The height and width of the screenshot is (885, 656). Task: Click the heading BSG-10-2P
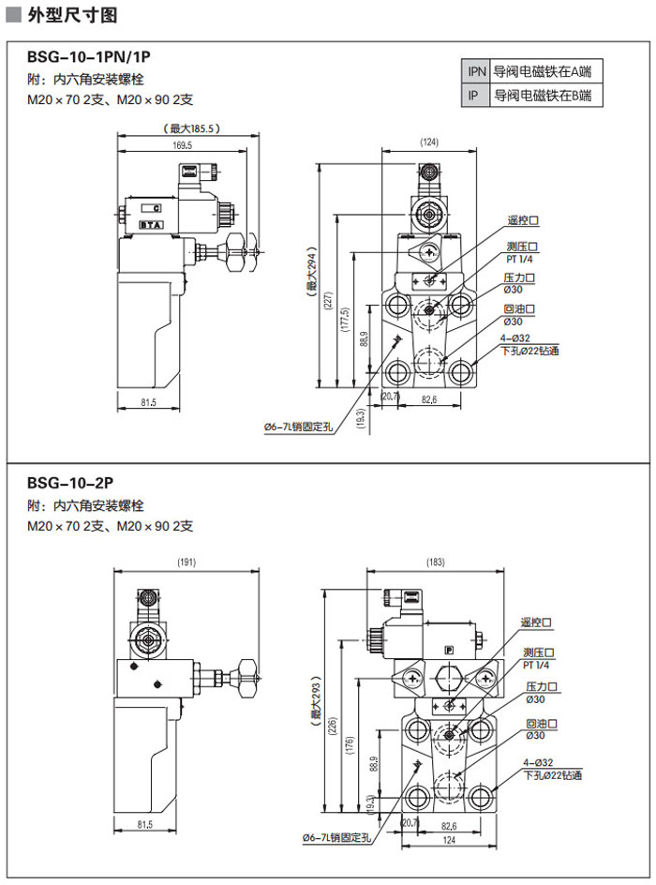70,482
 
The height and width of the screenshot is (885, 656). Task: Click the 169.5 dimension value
182,145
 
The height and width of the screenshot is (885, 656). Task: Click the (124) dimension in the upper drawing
429,142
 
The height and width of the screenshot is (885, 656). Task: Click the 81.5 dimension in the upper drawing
146,402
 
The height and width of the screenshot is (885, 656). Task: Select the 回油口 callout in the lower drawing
543,724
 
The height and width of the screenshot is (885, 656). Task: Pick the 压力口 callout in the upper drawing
519,278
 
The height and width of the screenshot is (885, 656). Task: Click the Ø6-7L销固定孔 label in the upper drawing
298,427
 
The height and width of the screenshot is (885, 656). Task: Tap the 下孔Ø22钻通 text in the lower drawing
553,775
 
